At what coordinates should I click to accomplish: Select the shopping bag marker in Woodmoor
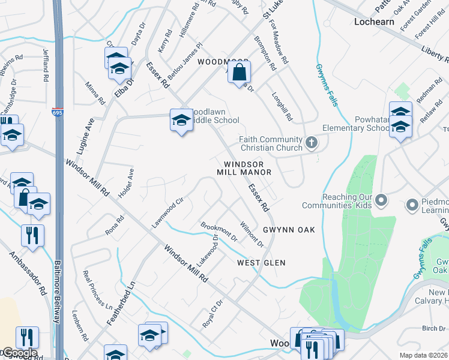point(239,73)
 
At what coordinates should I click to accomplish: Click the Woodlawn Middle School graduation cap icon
point(181,121)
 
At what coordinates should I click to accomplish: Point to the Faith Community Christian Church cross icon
point(311,142)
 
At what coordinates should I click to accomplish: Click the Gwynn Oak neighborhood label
point(288,230)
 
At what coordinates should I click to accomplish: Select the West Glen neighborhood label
point(261,263)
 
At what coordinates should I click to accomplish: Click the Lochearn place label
point(375,21)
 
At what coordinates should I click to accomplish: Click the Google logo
point(19,353)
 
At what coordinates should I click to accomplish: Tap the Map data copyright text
point(424,355)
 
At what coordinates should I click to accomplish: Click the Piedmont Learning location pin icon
point(412,206)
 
